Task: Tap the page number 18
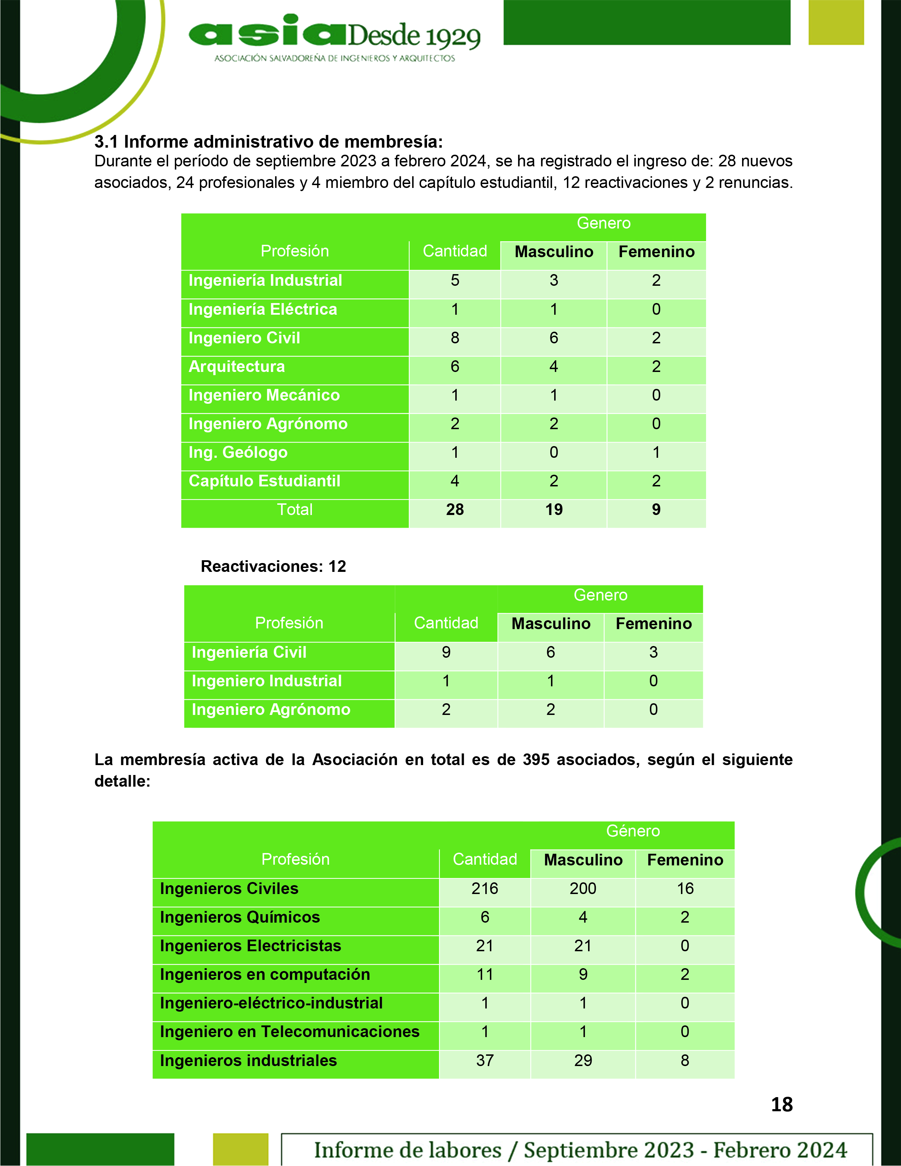click(x=781, y=1104)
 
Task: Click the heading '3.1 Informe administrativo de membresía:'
click(x=268, y=142)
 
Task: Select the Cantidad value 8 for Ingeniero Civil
click(x=455, y=338)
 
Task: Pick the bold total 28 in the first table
click(x=455, y=510)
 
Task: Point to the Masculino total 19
click(x=553, y=510)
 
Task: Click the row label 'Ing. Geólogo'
click(x=238, y=452)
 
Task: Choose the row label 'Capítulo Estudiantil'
click(x=264, y=481)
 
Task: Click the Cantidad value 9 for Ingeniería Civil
click(x=446, y=652)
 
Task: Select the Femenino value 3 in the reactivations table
click(x=653, y=652)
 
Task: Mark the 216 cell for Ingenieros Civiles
click(x=485, y=888)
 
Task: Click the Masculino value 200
click(x=583, y=888)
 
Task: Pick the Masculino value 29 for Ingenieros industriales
click(x=583, y=1060)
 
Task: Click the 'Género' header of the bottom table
click(x=633, y=831)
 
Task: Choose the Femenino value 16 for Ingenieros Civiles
click(x=685, y=888)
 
